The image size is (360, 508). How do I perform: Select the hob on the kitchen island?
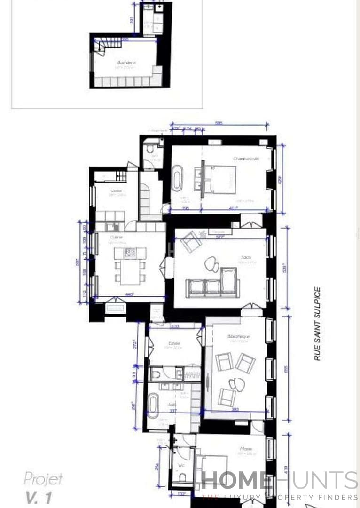(130, 253)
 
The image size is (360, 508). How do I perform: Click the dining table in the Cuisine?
(130, 271)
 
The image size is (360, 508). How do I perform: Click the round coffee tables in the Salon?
(212, 264)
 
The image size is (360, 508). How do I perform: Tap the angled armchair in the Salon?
(191, 241)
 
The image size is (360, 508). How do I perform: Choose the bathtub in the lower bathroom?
(153, 405)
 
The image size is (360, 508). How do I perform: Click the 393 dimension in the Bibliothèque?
(235, 409)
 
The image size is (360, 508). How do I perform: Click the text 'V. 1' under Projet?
(39, 497)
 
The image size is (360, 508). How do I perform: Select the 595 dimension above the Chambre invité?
(219, 123)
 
